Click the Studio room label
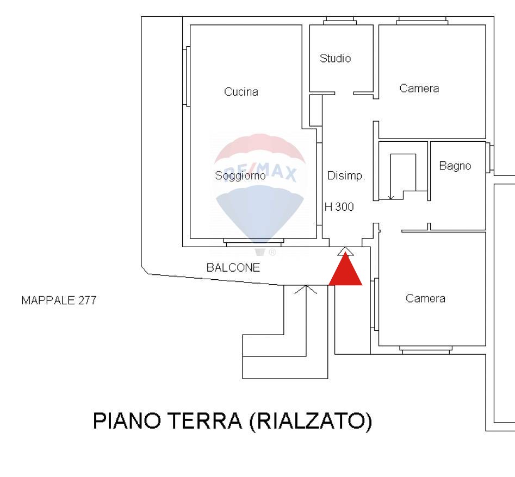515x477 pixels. click(336, 58)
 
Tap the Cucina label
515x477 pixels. click(241, 92)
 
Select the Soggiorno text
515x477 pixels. click(240, 176)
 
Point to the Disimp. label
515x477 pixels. click(346, 176)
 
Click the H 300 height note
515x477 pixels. click(339, 207)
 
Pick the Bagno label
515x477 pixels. click(455, 166)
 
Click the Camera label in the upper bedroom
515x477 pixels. click(419, 89)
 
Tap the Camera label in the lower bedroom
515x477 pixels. click(425, 299)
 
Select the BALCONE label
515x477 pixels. click(233, 268)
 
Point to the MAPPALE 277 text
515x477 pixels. click(59, 300)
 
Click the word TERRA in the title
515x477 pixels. click(205, 421)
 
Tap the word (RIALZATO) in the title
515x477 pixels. click(311, 421)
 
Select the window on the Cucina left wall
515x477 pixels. click(187, 77)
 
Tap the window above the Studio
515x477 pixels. click(340, 21)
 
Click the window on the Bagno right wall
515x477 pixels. click(489, 158)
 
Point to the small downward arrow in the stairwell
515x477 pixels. click(390, 197)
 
